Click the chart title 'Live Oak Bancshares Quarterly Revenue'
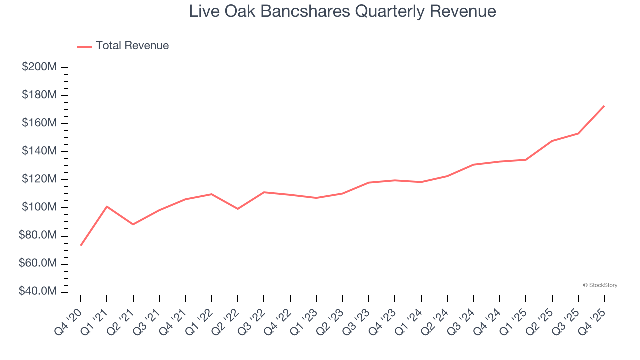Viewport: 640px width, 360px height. pyautogui.click(x=342, y=12)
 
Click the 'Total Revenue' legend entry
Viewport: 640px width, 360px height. pyautogui.click(x=132, y=46)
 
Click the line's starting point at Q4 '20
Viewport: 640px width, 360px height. pyautogui.click(x=81, y=245)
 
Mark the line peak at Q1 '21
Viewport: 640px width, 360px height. pyautogui.click(x=107, y=206)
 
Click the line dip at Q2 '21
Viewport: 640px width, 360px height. pyautogui.click(x=133, y=224)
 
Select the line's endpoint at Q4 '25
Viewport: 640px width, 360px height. pyautogui.click(x=604, y=106)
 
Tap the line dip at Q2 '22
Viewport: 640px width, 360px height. pyautogui.click(x=238, y=209)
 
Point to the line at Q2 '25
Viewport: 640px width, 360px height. pyautogui.click(x=552, y=141)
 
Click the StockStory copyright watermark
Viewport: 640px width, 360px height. pyautogui.click(x=600, y=285)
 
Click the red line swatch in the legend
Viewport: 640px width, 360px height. pyautogui.click(x=85, y=46)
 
